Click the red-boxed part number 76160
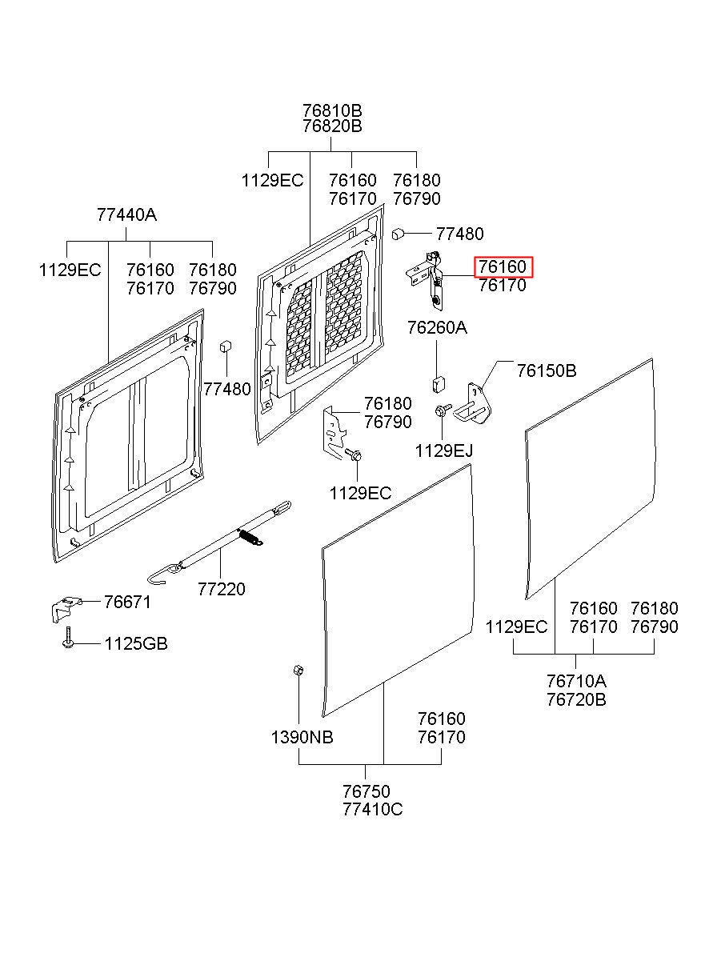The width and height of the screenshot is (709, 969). [503, 267]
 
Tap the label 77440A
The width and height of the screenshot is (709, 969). [126, 214]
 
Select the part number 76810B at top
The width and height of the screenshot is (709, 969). [332, 110]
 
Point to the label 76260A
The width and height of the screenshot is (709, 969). [437, 328]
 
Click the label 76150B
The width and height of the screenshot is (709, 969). [547, 370]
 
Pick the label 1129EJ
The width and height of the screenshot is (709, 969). [444, 451]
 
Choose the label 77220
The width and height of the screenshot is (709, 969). [222, 589]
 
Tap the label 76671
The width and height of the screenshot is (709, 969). [127, 602]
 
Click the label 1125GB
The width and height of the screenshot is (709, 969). [136, 644]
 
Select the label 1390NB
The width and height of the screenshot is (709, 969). [302, 737]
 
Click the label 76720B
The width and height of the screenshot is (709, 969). [576, 699]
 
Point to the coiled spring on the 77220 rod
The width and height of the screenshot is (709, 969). [250, 538]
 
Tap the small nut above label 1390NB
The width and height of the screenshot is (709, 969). [298, 670]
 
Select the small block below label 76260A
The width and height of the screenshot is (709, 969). [439, 384]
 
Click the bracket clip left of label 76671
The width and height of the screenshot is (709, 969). [66, 609]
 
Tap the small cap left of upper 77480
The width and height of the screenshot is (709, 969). [398, 234]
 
